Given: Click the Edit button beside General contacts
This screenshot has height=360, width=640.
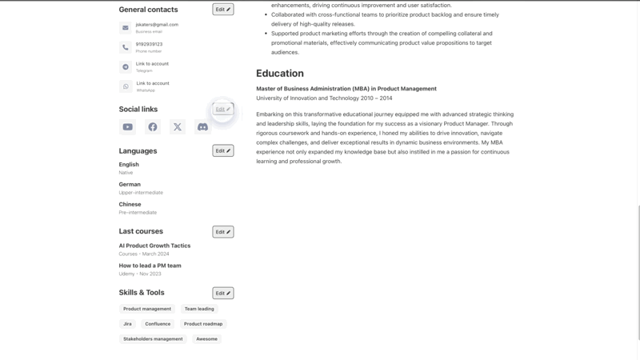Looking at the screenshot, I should click(222, 10).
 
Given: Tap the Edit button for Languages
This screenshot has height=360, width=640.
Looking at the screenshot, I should click(222, 150).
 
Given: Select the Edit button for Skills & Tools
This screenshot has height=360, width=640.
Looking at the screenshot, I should click(222, 293).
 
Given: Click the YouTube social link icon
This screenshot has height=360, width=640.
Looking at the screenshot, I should click(127, 127).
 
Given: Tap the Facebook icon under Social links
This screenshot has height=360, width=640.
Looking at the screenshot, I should click(152, 127).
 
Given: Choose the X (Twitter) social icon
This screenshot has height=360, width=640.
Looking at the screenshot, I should click(178, 127).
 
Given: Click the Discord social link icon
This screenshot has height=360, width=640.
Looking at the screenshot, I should click(202, 127).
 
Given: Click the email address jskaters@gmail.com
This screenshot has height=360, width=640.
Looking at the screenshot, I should click(157, 25).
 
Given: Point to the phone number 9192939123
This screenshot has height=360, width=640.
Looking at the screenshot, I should click(149, 45).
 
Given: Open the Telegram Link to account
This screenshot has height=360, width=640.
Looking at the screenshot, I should click(152, 64).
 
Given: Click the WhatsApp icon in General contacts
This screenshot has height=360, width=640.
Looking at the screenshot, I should click(126, 86).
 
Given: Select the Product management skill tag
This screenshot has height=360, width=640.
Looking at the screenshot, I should click(147, 309).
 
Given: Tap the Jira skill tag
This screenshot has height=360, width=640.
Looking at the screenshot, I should click(127, 324).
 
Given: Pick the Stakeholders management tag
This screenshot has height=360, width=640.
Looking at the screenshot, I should click(153, 339).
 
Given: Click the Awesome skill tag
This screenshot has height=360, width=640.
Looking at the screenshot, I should click(206, 339).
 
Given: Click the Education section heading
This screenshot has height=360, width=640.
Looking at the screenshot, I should click(279, 73).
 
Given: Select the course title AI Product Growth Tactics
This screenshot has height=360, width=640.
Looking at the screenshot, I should click(154, 246).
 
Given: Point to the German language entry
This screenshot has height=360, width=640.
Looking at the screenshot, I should click(130, 184).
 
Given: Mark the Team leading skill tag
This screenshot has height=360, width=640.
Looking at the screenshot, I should click(199, 309).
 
